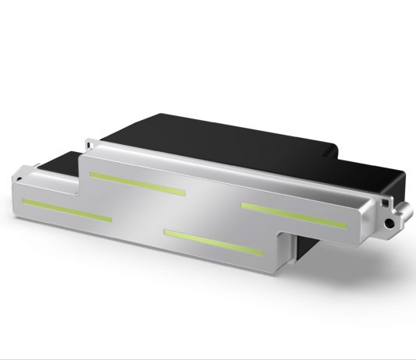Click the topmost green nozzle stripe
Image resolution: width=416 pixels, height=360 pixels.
point(137,182)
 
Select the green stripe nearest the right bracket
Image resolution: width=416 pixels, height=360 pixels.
point(294,214)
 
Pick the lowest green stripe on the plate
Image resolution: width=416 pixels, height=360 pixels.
point(211,242)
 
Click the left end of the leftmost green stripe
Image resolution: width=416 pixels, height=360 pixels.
point(24,201)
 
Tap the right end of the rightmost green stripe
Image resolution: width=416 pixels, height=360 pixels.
point(346,226)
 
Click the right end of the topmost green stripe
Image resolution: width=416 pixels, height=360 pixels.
point(185,191)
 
